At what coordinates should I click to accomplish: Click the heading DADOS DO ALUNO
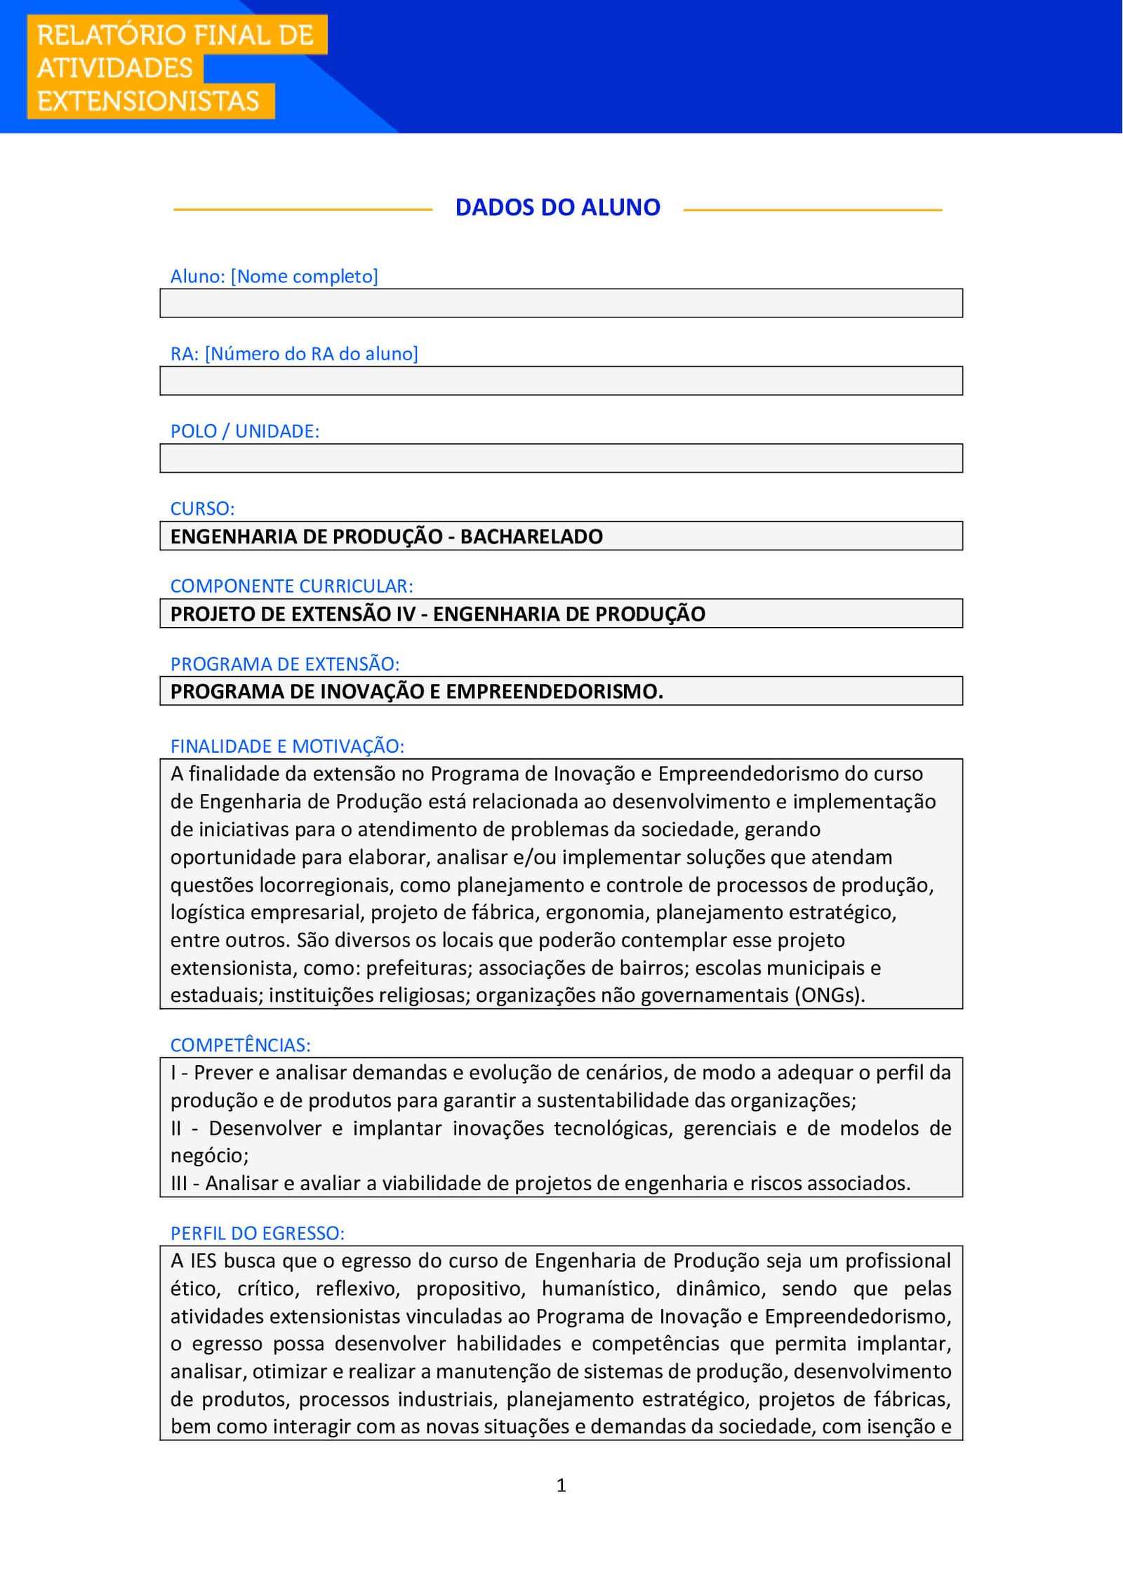557,207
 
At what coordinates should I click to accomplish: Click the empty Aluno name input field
561,303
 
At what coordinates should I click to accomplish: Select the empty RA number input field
561,381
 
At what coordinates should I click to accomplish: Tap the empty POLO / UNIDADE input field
561,458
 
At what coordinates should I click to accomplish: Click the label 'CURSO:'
202,508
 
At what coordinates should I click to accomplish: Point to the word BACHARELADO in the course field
531,536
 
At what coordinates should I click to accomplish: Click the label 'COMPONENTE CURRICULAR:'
291,586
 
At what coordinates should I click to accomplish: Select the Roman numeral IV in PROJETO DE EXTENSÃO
406,614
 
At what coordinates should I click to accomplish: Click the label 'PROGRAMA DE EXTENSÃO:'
284,664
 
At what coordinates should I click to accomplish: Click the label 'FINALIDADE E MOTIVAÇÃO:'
287,746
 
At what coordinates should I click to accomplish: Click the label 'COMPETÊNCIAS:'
240,1045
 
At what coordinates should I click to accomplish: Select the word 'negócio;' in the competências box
209,1155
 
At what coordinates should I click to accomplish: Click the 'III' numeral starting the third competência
178,1183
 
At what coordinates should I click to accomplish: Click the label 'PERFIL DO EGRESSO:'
257,1233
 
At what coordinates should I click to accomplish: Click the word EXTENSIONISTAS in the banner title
148,101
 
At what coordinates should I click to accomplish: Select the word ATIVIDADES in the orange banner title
114,68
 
